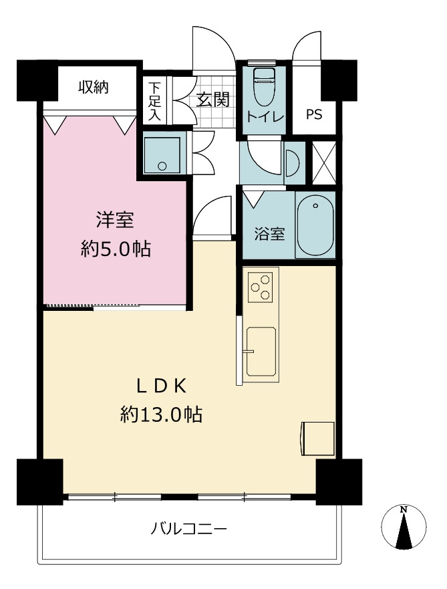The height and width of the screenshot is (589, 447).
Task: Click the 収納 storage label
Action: pyautogui.click(x=94, y=87)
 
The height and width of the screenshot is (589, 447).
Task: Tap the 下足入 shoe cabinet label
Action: pyautogui.click(x=154, y=102)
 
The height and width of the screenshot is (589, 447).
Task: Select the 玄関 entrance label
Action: pyautogui.click(x=212, y=100)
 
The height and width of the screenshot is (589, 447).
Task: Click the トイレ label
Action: pyautogui.click(x=265, y=117)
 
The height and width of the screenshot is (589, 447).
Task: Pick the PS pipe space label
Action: pyautogui.click(x=314, y=114)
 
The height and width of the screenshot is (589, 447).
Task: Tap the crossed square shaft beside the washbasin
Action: pyautogui.click(x=324, y=162)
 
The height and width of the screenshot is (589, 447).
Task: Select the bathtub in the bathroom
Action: pyautogui.click(x=315, y=225)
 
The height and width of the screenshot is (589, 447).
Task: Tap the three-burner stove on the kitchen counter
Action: pyautogui.click(x=261, y=287)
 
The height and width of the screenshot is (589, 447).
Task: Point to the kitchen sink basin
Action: pyautogui.click(x=261, y=351)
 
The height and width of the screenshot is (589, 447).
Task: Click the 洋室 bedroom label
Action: pyautogui.click(x=115, y=220)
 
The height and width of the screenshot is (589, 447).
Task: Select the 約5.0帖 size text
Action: pyautogui.click(x=116, y=249)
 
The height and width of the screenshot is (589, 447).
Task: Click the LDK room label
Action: pyautogui.click(x=161, y=386)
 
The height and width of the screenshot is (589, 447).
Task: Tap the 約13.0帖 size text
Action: pyautogui.click(x=161, y=415)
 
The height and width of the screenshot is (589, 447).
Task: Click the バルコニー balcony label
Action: pyautogui.click(x=189, y=529)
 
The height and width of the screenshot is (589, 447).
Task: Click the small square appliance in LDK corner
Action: pyautogui.click(x=317, y=439)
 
